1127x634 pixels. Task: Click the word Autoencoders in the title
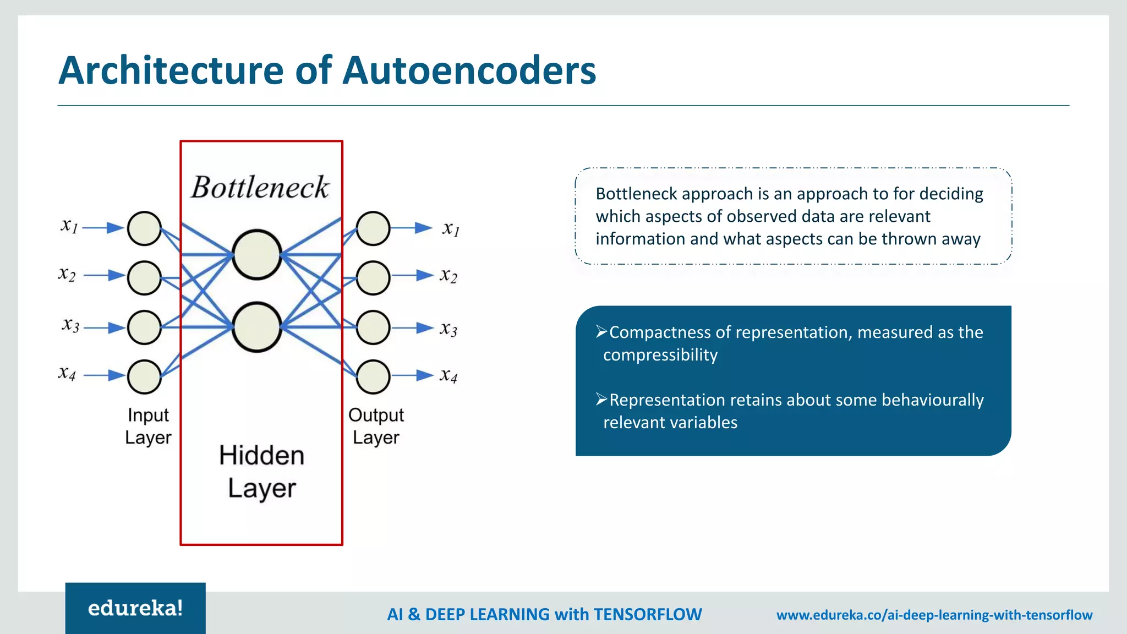[x=469, y=70]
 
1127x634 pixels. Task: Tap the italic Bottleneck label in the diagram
[x=260, y=188]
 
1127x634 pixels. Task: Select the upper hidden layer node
[x=257, y=255]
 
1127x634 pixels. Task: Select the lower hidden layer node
[x=257, y=327]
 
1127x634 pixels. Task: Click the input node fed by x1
[x=144, y=228]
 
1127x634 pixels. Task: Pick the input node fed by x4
[x=144, y=376]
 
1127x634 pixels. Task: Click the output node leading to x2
[x=373, y=278]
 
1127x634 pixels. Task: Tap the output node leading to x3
[x=373, y=327]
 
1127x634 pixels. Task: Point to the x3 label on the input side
[x=70, y=325]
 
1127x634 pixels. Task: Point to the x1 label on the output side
[x=451, y=228]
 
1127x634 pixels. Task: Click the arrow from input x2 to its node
[x=104, y=275]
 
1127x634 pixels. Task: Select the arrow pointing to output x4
[x=413, y=376]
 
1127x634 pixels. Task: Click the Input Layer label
[x=148, y=426]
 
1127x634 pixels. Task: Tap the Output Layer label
[x=376, y=426]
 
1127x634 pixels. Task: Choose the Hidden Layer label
[x=262, y=472]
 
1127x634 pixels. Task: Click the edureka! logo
[x=135, y=608]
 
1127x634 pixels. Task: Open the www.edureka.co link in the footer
[x=934, y=615]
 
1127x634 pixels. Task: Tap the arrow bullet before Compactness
[x=601, y=331]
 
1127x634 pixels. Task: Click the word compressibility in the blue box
[x=660, y=355]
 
